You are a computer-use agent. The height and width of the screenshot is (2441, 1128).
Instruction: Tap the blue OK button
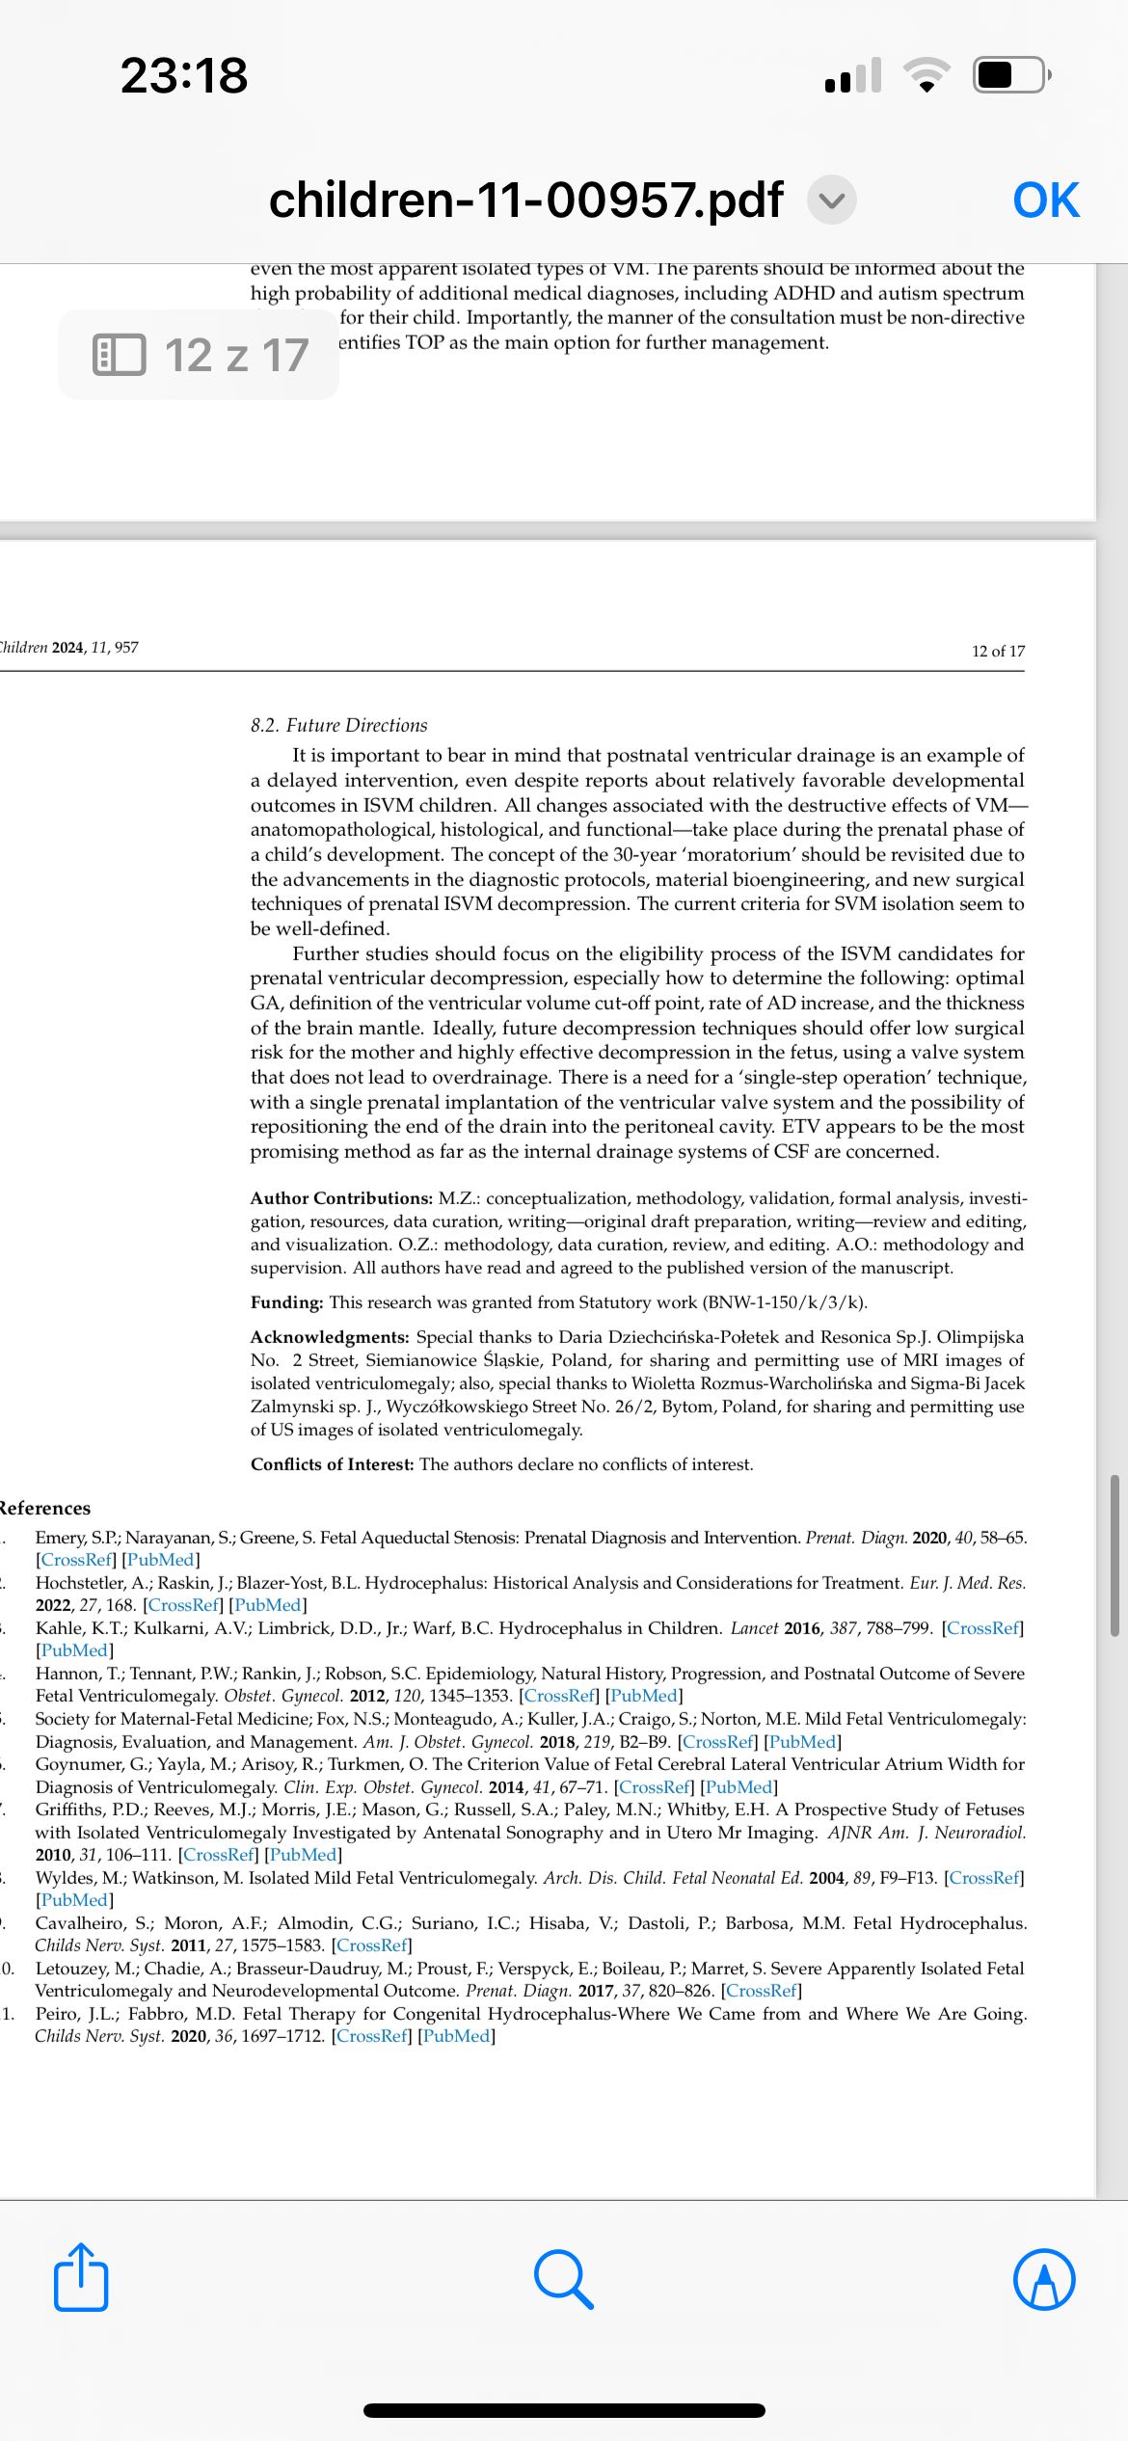point(1046,201)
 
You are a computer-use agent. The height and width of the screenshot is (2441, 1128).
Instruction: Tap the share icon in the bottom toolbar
point(81,2279)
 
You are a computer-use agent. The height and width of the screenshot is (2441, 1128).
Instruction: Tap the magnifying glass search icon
point(563,2279)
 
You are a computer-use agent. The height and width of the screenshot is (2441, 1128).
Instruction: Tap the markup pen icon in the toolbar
point(1044,2279)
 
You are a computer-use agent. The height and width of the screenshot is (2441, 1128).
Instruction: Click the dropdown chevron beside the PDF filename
point(831,201)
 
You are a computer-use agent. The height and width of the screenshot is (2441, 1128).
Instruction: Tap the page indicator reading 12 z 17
point(200,355)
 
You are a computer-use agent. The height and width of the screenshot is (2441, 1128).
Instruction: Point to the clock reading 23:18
point(184,75)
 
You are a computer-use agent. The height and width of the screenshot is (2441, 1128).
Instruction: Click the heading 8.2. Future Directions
point(338,725)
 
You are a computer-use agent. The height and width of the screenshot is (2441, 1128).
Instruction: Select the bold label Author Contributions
point(341,1198)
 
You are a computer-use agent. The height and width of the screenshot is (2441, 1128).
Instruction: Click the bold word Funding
point(286,1302)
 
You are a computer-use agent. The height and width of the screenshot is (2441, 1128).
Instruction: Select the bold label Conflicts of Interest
point(332,1464)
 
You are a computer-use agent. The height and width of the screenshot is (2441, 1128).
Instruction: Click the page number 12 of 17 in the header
point(998,651)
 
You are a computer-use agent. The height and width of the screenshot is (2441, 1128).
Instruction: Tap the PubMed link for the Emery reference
point(161,1560)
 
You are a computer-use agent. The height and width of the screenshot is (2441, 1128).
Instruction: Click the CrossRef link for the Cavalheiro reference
point(372,1945)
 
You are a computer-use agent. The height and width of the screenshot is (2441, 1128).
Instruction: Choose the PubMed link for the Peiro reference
point(457,2036)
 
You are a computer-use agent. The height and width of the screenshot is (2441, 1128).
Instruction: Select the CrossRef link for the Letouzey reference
point(762,1991)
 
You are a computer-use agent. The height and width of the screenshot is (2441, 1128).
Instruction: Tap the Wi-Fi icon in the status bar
point(927,75)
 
